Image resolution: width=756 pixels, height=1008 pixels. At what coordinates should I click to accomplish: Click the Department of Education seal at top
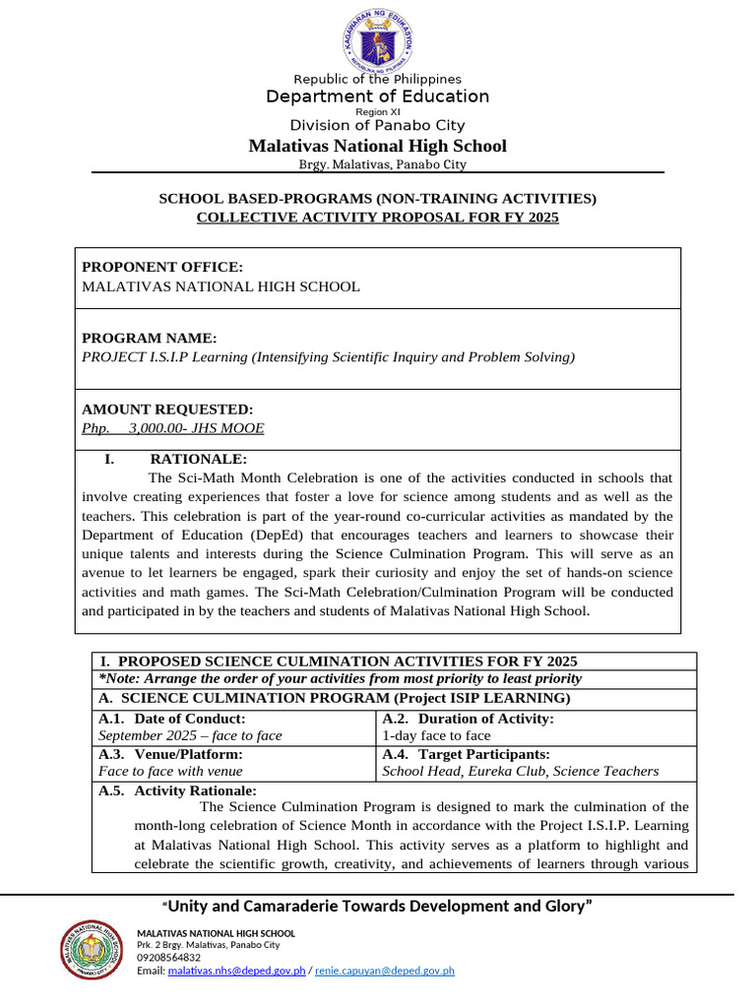377,42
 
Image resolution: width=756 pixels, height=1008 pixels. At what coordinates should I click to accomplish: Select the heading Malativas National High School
377,147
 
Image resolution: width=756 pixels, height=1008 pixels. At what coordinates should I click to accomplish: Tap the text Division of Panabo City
377,125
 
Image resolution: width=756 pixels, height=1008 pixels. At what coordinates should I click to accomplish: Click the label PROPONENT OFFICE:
161,267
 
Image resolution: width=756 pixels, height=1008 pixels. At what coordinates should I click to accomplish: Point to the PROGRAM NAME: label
148,338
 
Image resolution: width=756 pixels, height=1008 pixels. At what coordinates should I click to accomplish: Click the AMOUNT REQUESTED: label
166,409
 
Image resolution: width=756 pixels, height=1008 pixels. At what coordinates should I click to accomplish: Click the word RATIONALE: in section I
198,459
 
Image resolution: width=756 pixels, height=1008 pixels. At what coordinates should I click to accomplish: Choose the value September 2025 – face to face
190,735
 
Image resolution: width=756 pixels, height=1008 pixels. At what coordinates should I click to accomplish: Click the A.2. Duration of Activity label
468,719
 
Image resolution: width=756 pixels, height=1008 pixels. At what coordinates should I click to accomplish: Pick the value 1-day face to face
436,735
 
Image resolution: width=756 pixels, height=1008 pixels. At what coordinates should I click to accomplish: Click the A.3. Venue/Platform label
170,754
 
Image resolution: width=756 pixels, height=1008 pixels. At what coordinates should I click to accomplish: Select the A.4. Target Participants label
466,754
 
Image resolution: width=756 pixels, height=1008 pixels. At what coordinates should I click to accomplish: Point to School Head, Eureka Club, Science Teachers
520,772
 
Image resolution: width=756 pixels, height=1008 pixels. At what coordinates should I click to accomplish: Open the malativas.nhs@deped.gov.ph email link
236,971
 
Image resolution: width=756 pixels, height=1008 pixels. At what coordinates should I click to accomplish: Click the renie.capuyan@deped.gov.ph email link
384,971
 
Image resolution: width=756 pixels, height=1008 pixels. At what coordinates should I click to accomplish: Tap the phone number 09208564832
168,957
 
